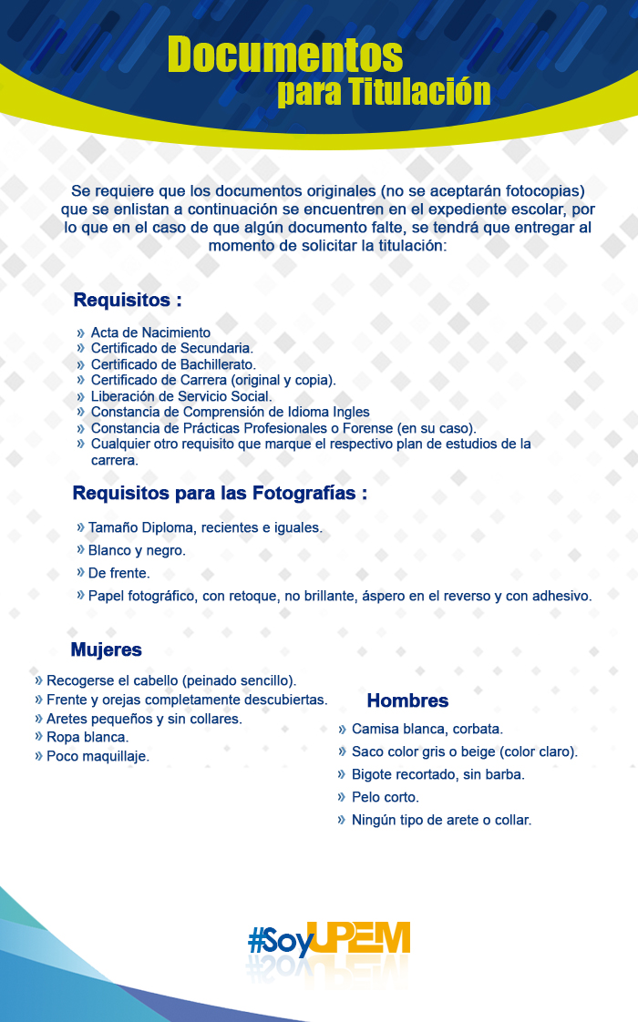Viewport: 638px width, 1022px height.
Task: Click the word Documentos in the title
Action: [x=284, y=56]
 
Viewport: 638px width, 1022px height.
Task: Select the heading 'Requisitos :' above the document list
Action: [x=128, y=300]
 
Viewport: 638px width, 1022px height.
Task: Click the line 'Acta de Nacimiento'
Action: [x=150, y=332]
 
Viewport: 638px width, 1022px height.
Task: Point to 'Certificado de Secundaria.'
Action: [x=171, y=348]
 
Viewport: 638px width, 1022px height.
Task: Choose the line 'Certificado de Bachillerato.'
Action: [x=173, y=364]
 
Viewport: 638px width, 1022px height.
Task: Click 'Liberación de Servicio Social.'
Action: [x=181, y=396]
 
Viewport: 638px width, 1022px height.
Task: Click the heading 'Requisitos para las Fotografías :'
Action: [x=220, y=494]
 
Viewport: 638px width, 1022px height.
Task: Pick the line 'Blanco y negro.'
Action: [x=137, y=550]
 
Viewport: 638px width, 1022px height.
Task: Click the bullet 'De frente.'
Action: [x=118, y=573]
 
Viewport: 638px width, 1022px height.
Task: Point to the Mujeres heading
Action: [x=107, y=649]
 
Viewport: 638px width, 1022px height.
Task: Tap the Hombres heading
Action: [x=407, y=700]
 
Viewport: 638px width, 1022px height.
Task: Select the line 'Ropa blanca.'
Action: [x=87, y=737]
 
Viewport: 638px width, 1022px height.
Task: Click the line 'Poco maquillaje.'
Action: [x=98, y=756]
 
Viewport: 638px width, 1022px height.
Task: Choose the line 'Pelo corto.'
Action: [x=386, y=797]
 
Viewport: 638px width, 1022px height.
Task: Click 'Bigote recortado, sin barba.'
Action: [x=438, y=774]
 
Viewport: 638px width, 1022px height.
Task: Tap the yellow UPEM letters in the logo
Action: [x=359, y=938]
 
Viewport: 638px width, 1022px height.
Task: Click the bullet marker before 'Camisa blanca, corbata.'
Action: [x=342, y=729]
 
